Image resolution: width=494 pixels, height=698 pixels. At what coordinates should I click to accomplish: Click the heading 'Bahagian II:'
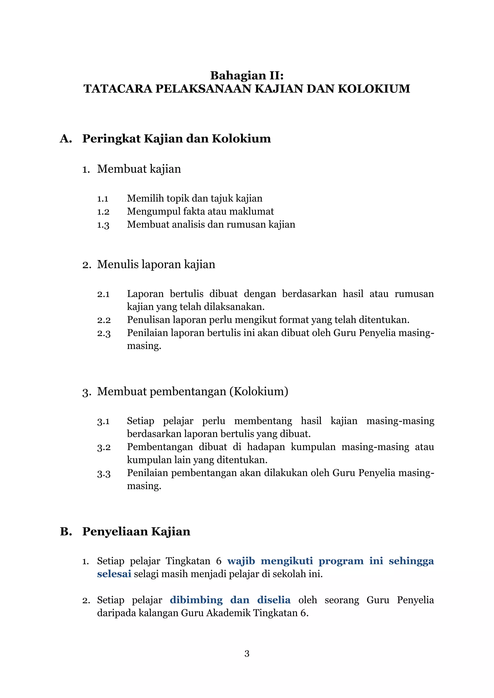(247, 75)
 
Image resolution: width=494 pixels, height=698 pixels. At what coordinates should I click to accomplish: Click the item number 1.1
(103, 199)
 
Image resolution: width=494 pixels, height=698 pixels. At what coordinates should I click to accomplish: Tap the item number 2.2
(104, 320)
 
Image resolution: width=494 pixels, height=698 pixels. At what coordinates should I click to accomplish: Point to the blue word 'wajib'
(241, 561)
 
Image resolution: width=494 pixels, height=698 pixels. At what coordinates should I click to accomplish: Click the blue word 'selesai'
(114, 574)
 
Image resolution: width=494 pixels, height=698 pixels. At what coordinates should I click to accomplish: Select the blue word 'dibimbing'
(196, 600)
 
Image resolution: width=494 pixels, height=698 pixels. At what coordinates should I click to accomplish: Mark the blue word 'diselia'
(274, 600)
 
